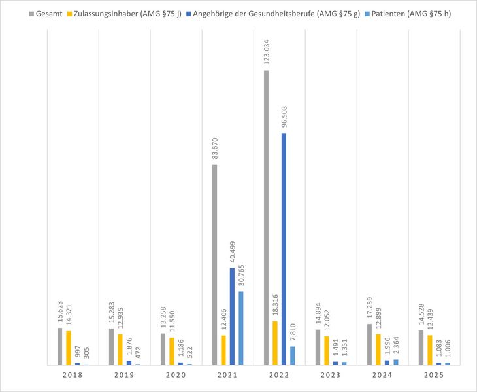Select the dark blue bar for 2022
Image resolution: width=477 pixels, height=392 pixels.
point(284,249)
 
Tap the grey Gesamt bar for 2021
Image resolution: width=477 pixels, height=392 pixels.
point(214,264)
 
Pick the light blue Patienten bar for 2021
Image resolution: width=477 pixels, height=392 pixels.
point(240,328)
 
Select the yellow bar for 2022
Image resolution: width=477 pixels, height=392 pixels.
point(275,343)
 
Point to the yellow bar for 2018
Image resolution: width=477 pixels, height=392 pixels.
point(69,347)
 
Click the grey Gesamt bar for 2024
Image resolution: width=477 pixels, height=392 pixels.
point(370,344)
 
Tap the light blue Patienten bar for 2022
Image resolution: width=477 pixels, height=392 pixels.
point(292,355)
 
